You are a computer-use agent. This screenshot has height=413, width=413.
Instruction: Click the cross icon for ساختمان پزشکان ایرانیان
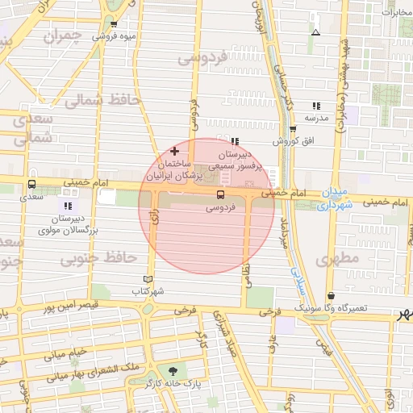pos(174,151)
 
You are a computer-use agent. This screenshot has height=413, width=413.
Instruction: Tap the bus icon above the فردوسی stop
pos(220,194)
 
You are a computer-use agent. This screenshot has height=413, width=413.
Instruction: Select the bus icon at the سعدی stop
pos(31,183)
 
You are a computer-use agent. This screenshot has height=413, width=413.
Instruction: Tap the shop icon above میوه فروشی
pos(114,25)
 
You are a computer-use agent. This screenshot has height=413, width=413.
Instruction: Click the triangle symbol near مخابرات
pos(315,32)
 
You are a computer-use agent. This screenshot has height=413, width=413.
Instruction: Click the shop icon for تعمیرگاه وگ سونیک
pos(332,295)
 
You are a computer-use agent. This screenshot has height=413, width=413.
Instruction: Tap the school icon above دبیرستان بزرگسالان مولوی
pos(68,206)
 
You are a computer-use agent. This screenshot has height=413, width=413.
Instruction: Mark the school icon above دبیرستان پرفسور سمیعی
pos(234,142)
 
